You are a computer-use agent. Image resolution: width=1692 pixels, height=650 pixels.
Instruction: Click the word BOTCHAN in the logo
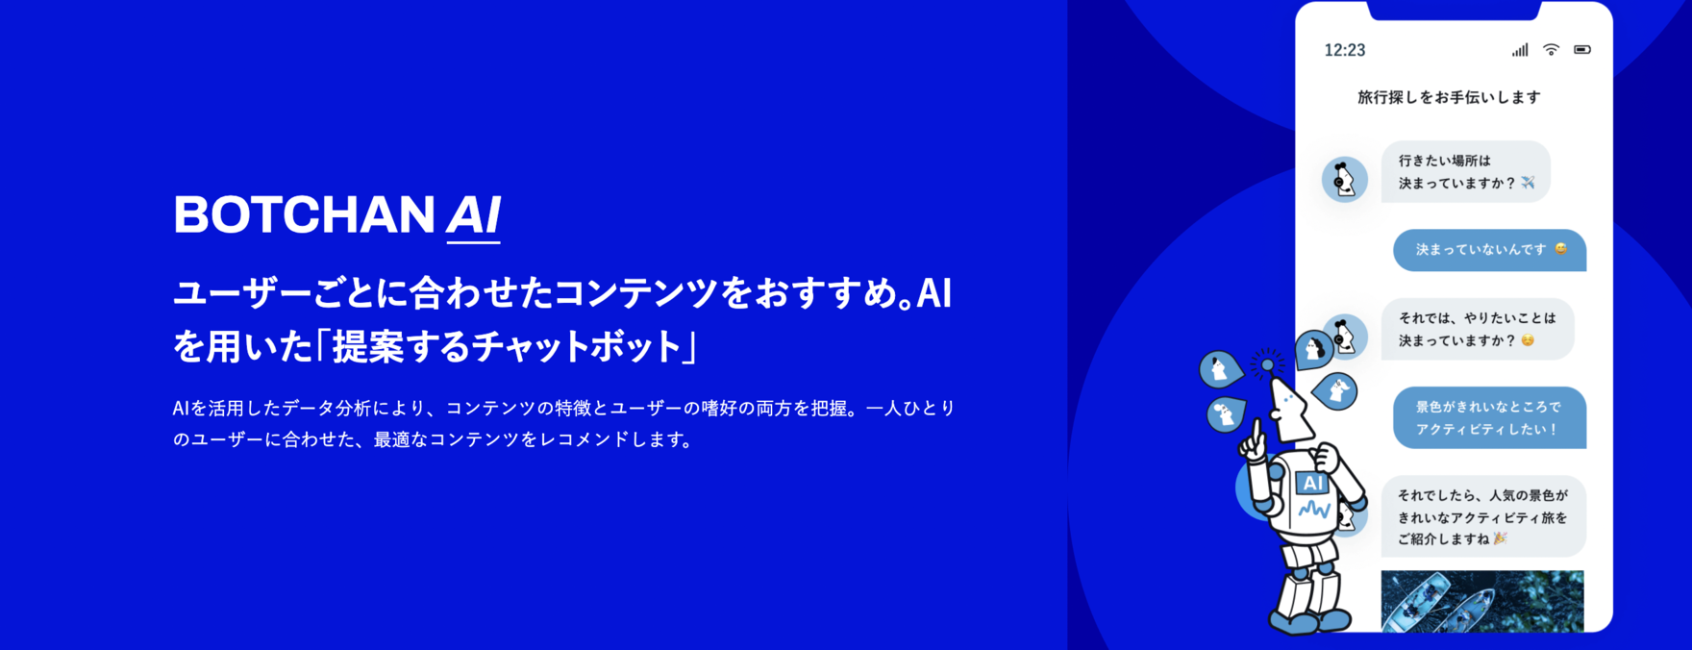click(304, 214)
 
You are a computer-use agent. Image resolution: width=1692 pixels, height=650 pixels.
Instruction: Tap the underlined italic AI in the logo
click(473, 216)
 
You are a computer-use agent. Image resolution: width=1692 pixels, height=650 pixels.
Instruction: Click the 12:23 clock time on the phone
click(1344, 50)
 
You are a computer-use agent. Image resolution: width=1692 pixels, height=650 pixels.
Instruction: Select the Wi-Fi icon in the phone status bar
click(1551, 49)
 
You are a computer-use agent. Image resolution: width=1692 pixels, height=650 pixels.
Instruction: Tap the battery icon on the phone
click(1581, 49)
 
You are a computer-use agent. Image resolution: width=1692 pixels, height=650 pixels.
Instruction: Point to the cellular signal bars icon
click(1519, 50)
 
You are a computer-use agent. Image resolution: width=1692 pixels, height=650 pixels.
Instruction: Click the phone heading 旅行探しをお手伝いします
click(1449, 97)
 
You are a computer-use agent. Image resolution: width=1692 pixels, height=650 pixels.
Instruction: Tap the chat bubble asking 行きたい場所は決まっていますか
click(1466, 172)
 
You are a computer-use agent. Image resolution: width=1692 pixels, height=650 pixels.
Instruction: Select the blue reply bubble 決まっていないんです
click(1489, 250)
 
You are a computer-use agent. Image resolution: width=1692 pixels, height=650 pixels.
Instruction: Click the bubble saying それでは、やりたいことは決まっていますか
click(1478, 329)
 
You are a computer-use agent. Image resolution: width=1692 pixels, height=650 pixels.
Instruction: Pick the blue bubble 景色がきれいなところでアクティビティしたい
click(1489, 417)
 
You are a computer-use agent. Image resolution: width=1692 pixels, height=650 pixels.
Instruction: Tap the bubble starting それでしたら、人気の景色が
click(1483, 516)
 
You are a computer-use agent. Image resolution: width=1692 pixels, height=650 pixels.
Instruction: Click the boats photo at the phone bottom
click(1482, 601)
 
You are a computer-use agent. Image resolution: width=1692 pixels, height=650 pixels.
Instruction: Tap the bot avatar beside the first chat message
click(1344, 179)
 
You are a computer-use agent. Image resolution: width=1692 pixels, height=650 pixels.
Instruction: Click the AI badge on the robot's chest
click(1312, 484)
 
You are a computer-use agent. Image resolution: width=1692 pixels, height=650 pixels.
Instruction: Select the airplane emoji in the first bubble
click(1528, 183)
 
